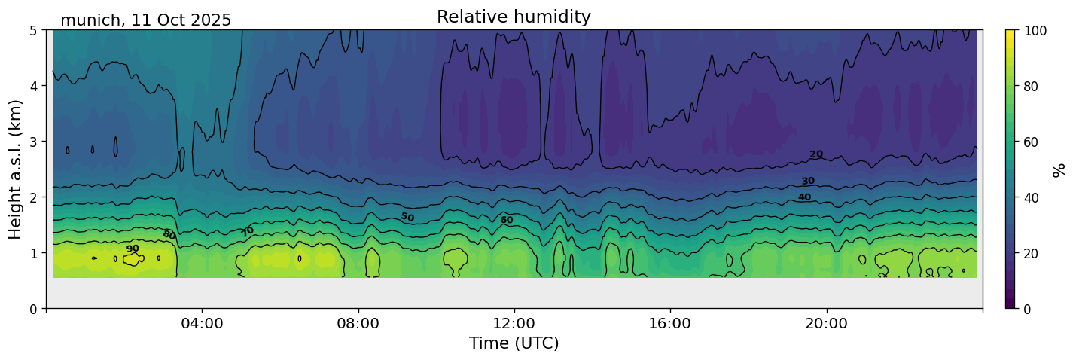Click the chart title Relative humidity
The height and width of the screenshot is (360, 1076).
tap(514, 17)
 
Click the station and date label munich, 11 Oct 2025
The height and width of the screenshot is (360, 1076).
tap(145, 20)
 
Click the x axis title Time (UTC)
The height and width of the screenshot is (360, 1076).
tap(514, 343)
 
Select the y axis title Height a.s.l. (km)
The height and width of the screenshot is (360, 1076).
tap(16, 169)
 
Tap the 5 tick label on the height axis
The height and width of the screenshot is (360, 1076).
tap(35, 30)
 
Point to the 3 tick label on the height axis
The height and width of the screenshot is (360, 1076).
tap(35, 142)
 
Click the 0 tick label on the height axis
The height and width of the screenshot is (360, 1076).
tap(35, 309)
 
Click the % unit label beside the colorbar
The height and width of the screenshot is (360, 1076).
tap(1059, 169)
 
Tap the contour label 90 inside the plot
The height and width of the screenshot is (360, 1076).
tap(133, 249)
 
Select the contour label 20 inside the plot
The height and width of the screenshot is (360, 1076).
tap(816, 154)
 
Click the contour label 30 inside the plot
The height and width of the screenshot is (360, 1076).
tap(808, 182)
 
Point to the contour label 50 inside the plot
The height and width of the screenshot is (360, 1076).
tap(407, 217)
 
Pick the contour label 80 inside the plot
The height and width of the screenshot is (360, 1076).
tap(169, 235)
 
